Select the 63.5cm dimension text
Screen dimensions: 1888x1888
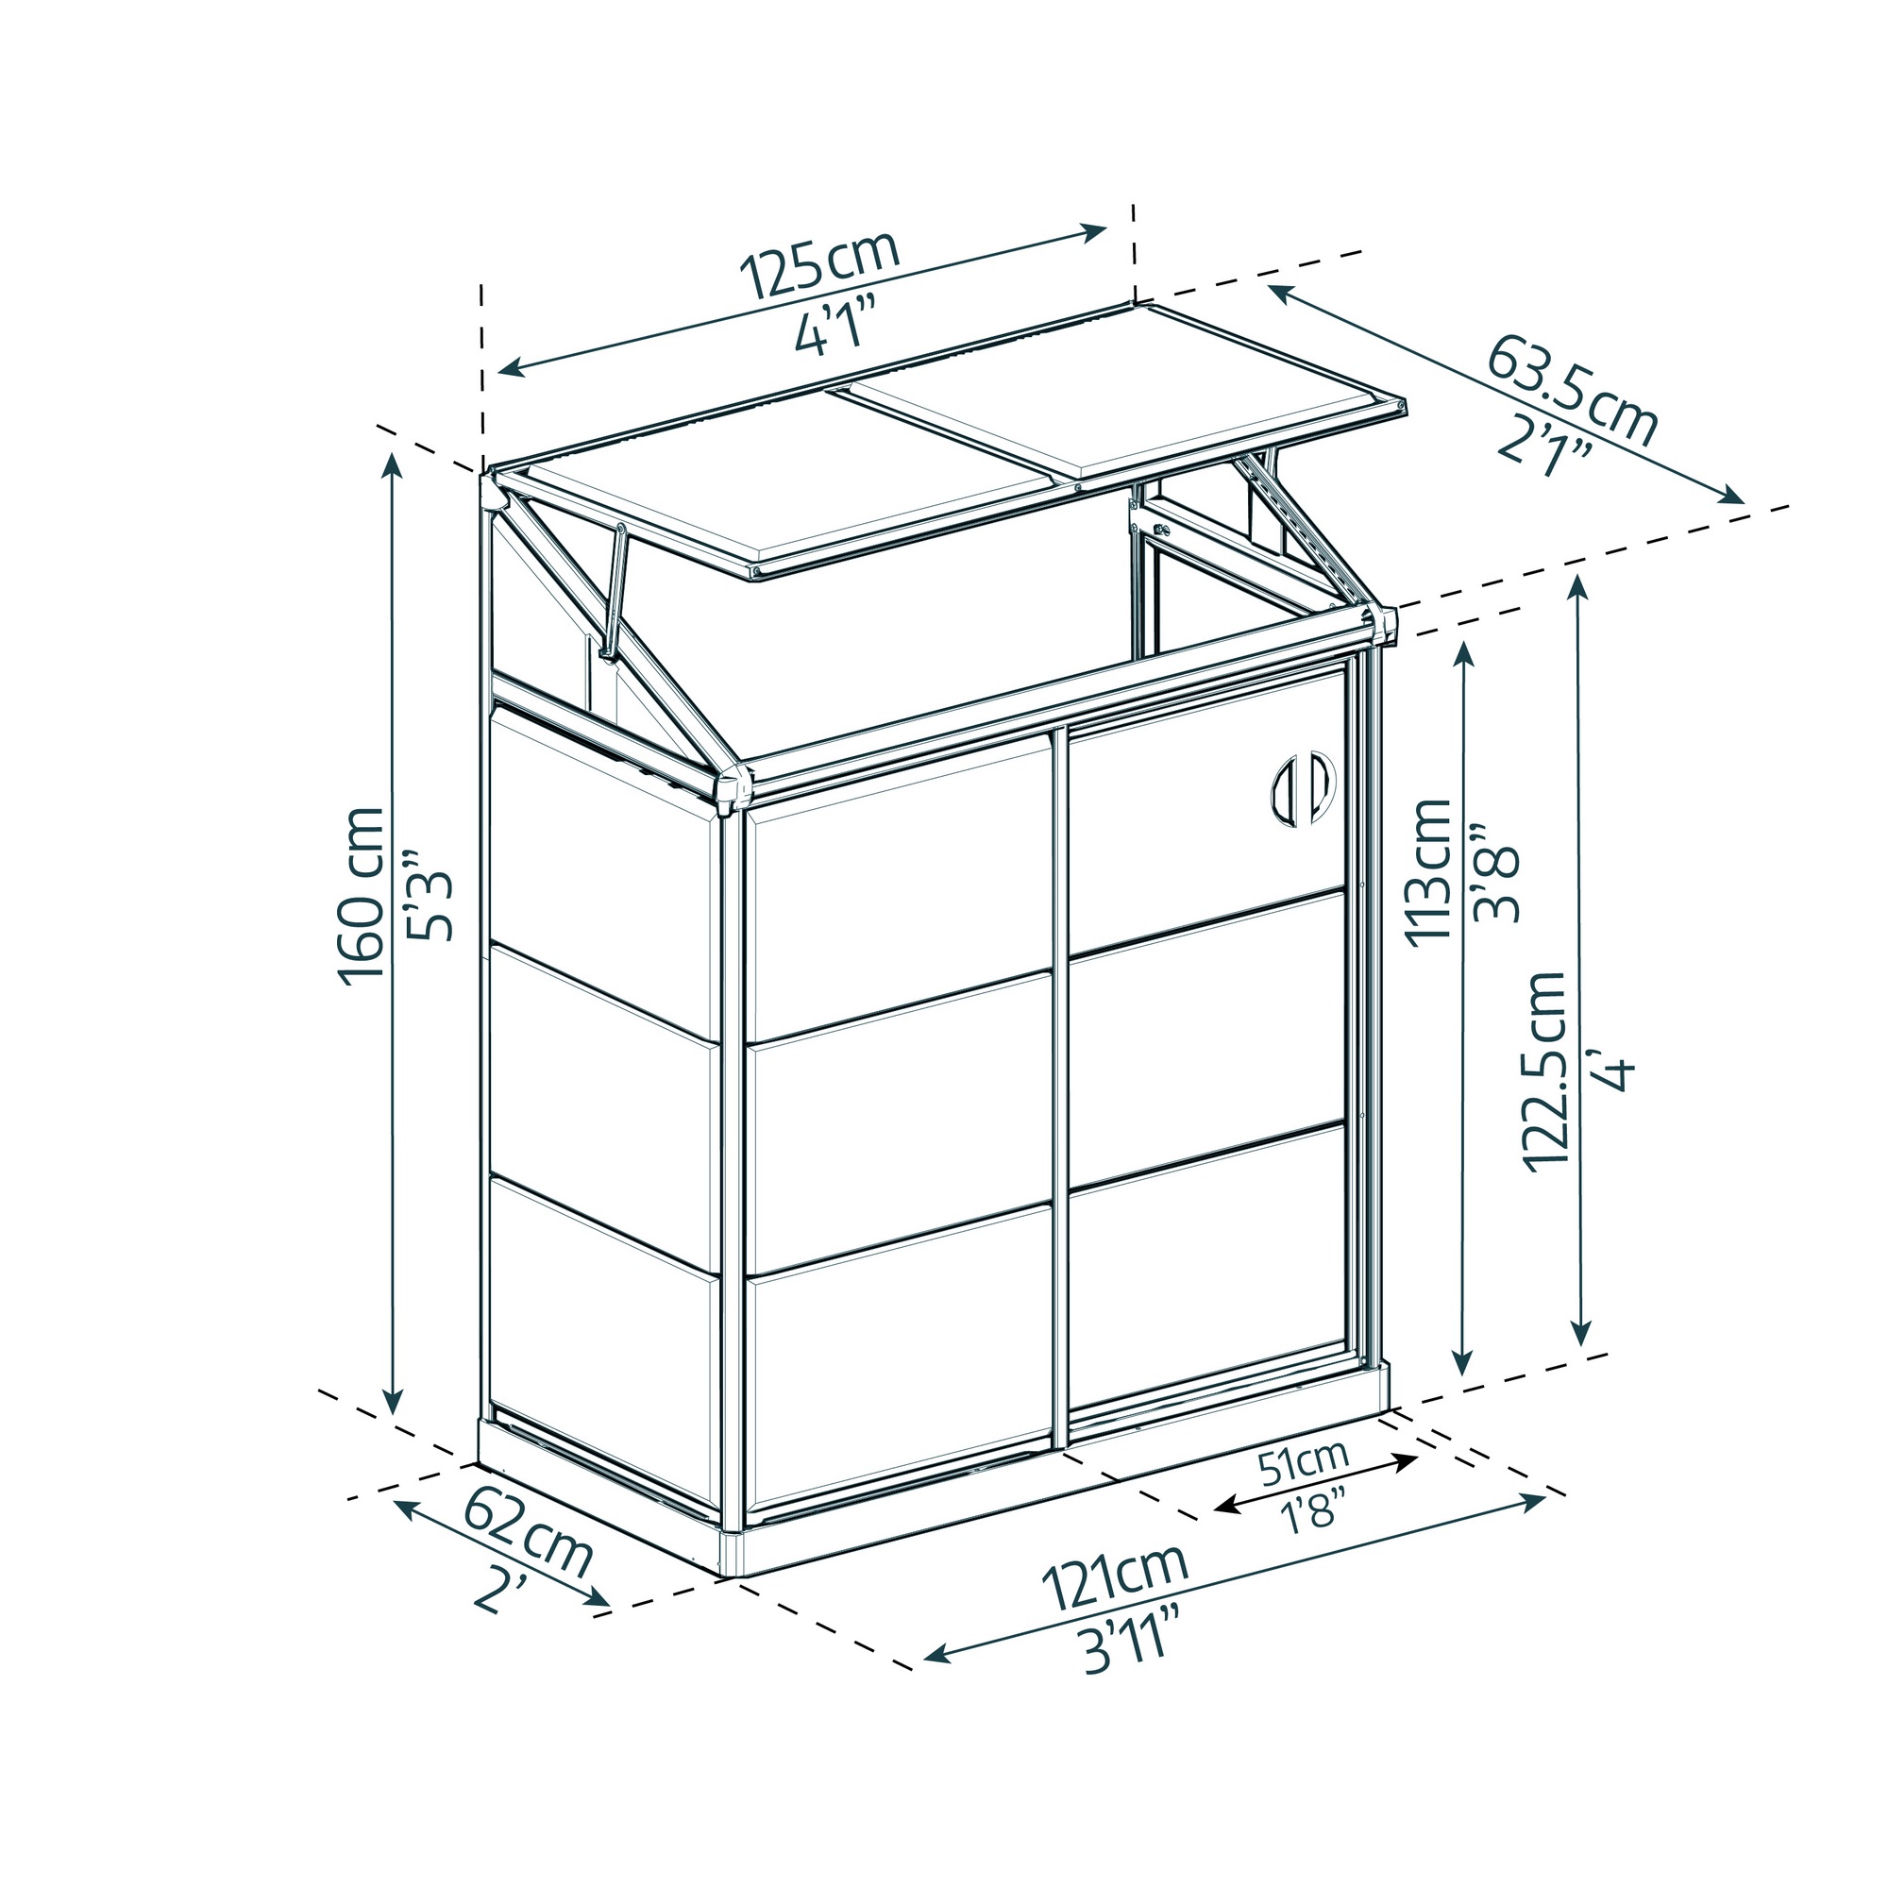(x=1573, y=391)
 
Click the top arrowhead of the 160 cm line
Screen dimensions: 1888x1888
(x=394, y=464)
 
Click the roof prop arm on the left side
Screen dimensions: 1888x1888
(x=615, y=592)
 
